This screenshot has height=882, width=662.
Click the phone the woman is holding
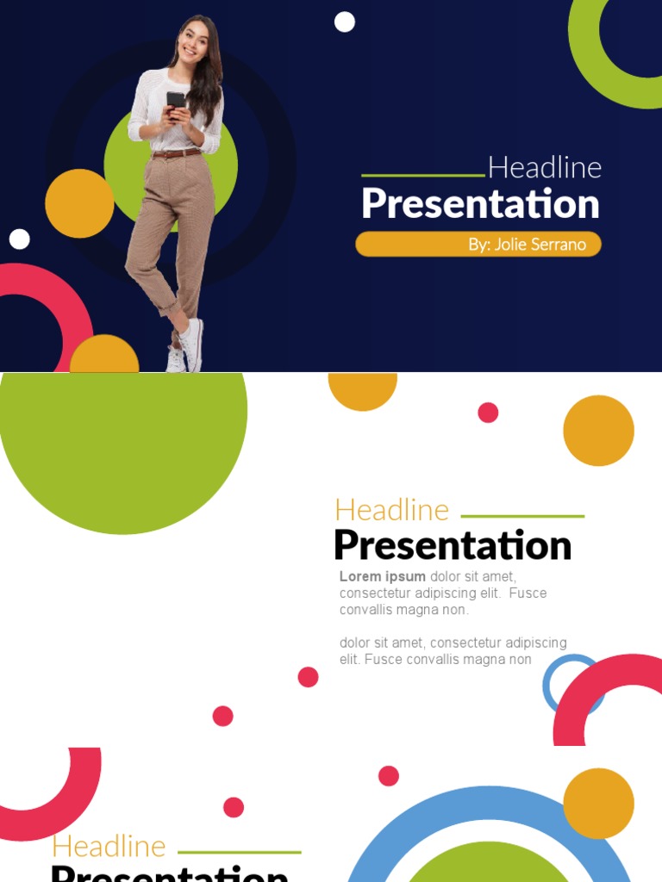[x=176, y=101]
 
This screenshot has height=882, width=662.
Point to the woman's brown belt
[x=177, y=153]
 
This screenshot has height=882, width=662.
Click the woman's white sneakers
[x=186, y=346]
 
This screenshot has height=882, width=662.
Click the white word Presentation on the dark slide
[x=480, y=204]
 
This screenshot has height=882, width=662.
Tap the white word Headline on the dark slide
[x=545, y=167]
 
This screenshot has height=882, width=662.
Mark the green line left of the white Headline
[x=422, y=175]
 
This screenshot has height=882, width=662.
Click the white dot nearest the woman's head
[x=345, y=22]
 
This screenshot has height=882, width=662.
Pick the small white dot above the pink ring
[x=19, y=239]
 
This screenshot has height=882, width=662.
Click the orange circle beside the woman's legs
[x=79, y=203]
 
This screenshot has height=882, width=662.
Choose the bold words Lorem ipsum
[x=383, y=577]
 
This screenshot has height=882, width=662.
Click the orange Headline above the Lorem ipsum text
[x=392, y=510]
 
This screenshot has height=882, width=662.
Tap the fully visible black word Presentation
[x=453, y=545]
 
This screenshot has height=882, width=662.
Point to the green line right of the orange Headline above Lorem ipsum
[x=522, y=516]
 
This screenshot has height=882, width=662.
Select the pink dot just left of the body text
[x=308, y=677]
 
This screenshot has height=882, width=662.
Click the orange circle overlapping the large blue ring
[x=598, y=803]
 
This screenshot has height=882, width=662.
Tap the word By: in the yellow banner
[x=479, y=245]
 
